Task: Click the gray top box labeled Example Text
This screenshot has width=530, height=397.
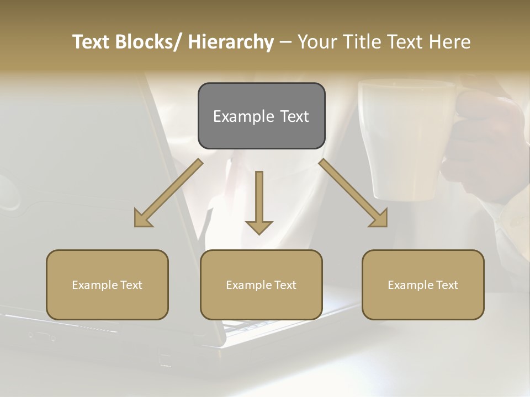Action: point(261,116)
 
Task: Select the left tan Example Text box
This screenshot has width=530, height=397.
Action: point(107,285)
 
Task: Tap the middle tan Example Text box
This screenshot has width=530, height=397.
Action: point(261,285)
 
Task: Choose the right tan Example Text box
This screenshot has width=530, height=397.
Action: point(423,285)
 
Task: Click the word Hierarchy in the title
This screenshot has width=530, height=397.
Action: point(231,42)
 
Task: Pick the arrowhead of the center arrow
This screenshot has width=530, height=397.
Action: point(259,227)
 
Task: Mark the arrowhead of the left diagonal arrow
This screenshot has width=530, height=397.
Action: point(142,219)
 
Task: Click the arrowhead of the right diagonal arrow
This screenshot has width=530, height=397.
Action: point(379,219)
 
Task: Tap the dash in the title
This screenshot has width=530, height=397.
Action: point(285,42)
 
